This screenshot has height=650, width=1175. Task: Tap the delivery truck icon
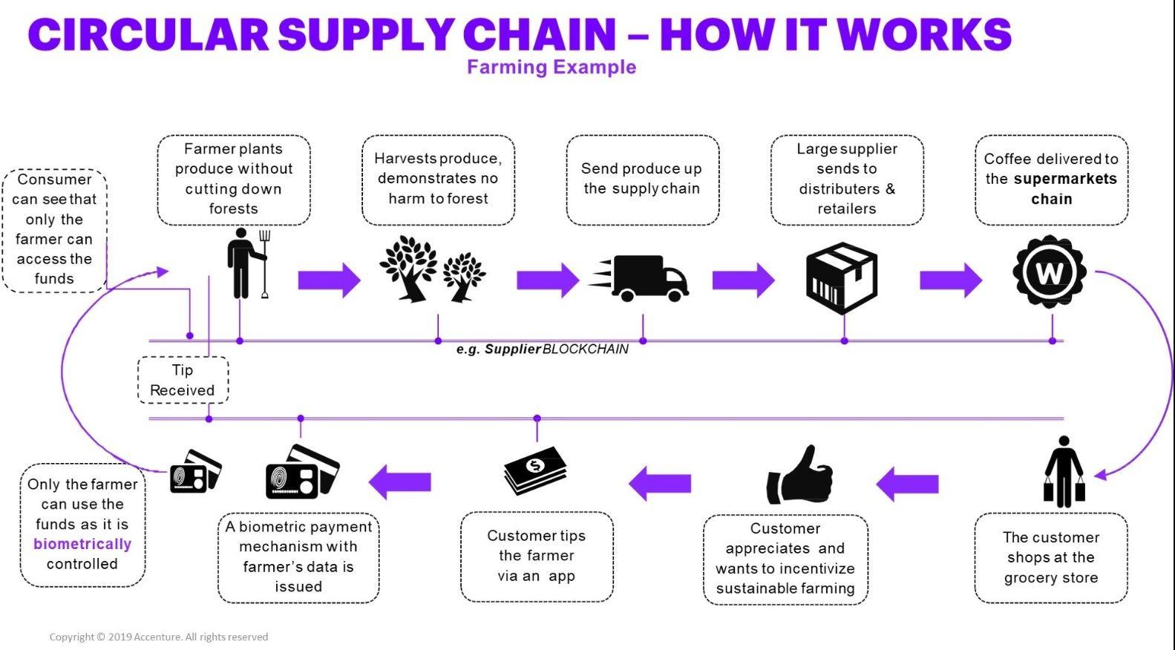(639, 278)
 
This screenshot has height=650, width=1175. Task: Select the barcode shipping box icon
(842, 278)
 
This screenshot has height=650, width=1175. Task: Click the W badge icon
(1049, 272)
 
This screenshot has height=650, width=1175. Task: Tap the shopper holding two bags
(1064, 471)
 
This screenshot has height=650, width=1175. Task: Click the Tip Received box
(183, 380)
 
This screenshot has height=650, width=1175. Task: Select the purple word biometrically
(82, 544)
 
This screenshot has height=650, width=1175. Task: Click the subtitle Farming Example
(552, 67)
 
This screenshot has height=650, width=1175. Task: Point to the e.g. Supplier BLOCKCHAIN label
(542, 349)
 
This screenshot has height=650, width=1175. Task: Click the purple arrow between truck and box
(743, 280)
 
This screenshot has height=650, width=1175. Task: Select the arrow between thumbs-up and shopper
(907, 484)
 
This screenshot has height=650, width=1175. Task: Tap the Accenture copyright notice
(158, 637)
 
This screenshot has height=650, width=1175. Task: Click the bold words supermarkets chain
(1065, 188)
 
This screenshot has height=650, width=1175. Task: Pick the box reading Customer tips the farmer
(537, 557)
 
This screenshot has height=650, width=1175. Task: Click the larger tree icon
(409, 269)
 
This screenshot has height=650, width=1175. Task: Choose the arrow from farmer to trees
(330, 280)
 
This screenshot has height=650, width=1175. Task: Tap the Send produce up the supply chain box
(643, 180)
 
